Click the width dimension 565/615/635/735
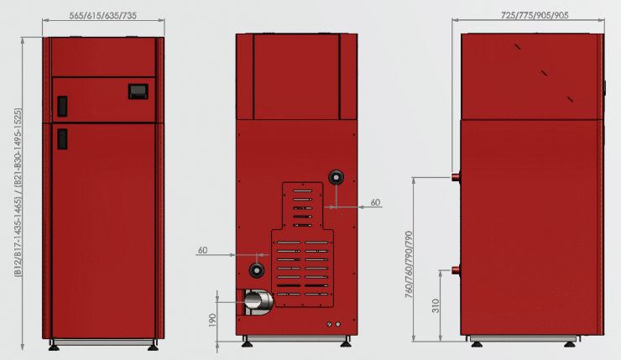pos(103,15)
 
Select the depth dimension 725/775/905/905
pos(535,15)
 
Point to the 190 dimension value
pos(211,320)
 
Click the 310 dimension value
pos(436,305)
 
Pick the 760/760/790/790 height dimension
pos(409,264)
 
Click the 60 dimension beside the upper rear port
pos(375,202)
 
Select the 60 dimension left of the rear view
pos(202,250)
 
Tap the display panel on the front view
pos(138,91)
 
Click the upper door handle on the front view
pos(62,106)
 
